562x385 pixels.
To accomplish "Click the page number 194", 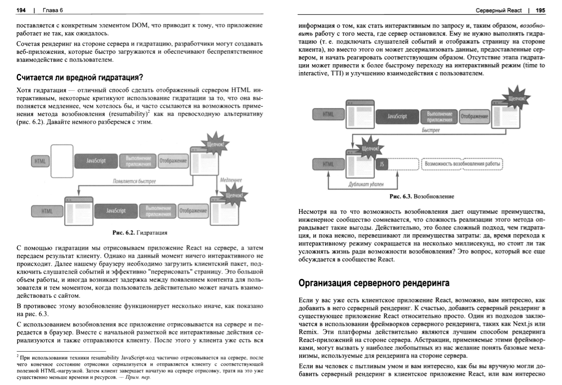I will (21, 10).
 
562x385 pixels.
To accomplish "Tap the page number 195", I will (540, 10).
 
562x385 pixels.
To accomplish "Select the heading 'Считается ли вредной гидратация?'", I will (80, 77).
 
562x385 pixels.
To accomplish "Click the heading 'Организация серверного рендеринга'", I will (374, 283).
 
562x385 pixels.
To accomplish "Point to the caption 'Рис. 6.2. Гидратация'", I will (140, 233).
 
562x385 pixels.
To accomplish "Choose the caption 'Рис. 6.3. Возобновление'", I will (422, 196).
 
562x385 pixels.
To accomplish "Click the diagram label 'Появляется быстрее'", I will (134, 181).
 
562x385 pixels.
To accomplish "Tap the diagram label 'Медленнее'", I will (231, 180).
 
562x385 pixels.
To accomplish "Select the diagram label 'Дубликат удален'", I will (366, 184).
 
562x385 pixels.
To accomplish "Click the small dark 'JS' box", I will (381, 165).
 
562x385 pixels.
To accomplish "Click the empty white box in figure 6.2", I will (61, 160).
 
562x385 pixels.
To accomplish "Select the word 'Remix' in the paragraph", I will (308, 332).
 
